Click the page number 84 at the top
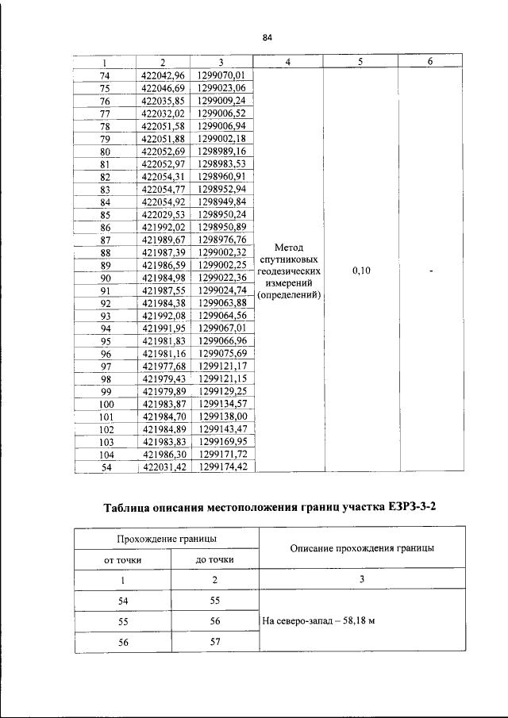(x=267, y=37)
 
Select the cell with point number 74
(x=104, y=75)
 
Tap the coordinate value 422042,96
(x=162, y=75)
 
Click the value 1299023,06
(x=222, y=87)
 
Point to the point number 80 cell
(x=104, y=151)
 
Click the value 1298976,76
(x=222, y=240)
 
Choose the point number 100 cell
(x=104, y=405)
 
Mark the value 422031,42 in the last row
(x=162, y=468)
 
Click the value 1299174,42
(x=222, y=468)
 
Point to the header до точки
(x=214, y=560)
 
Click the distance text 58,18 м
(x=355, y=621)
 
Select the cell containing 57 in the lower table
(x=214, y=643)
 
